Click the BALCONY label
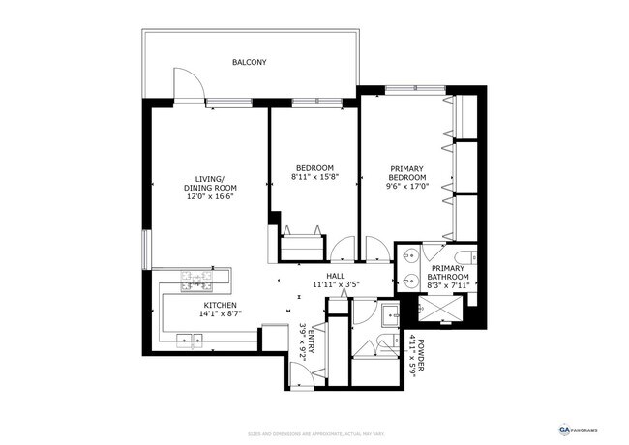(x=249, y=63)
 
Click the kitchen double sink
(x=189, y=339)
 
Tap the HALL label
(x=336, y=276)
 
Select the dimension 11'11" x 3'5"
(x=336, y=285)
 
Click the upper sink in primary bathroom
(x=410, y=256)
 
